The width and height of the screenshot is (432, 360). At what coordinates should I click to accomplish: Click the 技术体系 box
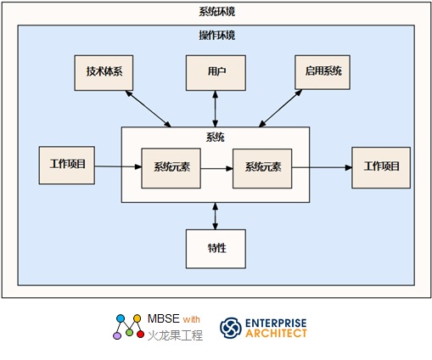tap(104, 73)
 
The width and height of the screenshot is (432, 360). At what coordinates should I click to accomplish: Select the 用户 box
tap(216, 73)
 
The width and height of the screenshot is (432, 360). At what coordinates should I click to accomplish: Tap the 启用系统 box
tap(323, 72)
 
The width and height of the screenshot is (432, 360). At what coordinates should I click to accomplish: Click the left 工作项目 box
tap(67, 166)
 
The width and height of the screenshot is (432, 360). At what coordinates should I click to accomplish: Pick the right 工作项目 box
tap(381, 167)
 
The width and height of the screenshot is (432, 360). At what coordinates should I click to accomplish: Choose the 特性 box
tap(216, 249)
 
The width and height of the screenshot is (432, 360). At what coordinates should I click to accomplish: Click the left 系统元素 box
tap(171, 168)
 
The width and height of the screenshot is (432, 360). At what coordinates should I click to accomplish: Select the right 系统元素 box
tap(262, 168)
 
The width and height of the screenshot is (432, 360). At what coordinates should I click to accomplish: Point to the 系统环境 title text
tap(216, 12)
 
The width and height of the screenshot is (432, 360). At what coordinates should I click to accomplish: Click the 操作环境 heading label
tap(216, 36)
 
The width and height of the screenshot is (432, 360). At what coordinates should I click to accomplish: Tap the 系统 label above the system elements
tap(216, 138)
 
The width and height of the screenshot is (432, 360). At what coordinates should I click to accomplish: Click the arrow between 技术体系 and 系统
tap(149, 109)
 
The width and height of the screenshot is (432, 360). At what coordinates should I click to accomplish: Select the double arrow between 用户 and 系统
tap(216, 109)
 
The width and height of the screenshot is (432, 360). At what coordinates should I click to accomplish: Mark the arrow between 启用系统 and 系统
tap(280, 108)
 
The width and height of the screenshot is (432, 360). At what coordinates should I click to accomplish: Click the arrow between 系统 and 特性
tap(216, 216)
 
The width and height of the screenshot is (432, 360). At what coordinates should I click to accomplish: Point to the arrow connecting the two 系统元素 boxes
tap(216, 169)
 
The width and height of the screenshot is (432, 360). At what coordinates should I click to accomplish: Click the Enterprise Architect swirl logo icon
tap(231, 328)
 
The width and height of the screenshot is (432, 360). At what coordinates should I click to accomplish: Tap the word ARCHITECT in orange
tap(276, 334)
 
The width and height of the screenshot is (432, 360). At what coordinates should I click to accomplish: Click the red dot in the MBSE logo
tap(140, 335)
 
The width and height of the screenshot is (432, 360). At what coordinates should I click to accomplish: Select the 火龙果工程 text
tap(175, 335)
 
